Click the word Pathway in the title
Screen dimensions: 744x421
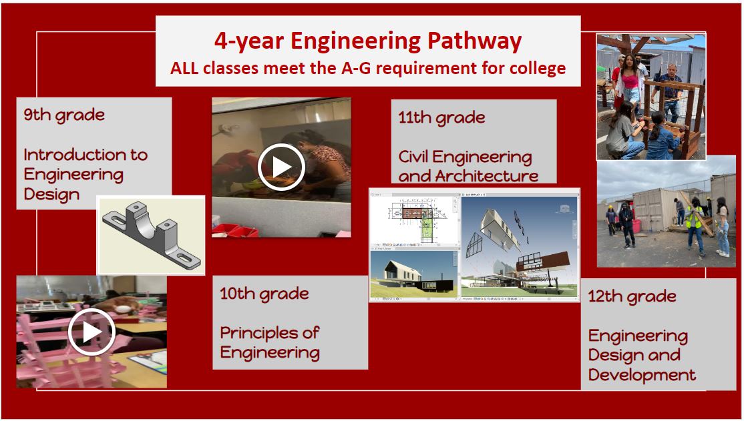[474, 41]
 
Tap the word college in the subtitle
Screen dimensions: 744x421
[538, 68]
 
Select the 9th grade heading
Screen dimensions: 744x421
[64, 115]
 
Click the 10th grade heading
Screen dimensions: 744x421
[264, 294]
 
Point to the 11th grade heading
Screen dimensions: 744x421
[441, 117]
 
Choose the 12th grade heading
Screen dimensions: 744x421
[632, 297]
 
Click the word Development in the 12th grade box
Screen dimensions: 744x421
[642, 375]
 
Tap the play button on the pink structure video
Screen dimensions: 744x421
[91, 332]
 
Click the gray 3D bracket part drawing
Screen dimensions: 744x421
[152, 235]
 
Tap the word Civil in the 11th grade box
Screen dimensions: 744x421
[413, 156]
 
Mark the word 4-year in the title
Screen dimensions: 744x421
[249, 42]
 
